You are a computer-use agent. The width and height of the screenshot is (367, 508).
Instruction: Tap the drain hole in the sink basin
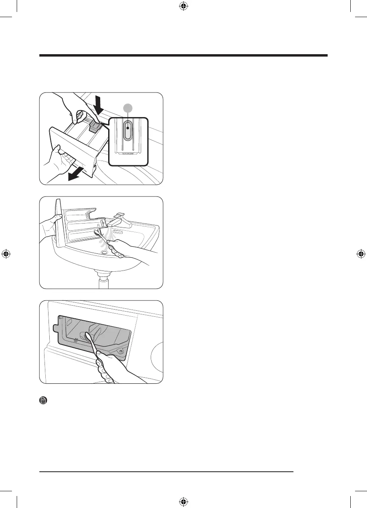click(105, 253)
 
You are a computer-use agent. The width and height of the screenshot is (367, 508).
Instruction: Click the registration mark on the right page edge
click(361, 254)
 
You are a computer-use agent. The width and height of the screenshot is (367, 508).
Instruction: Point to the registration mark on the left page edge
click(6, 254)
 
